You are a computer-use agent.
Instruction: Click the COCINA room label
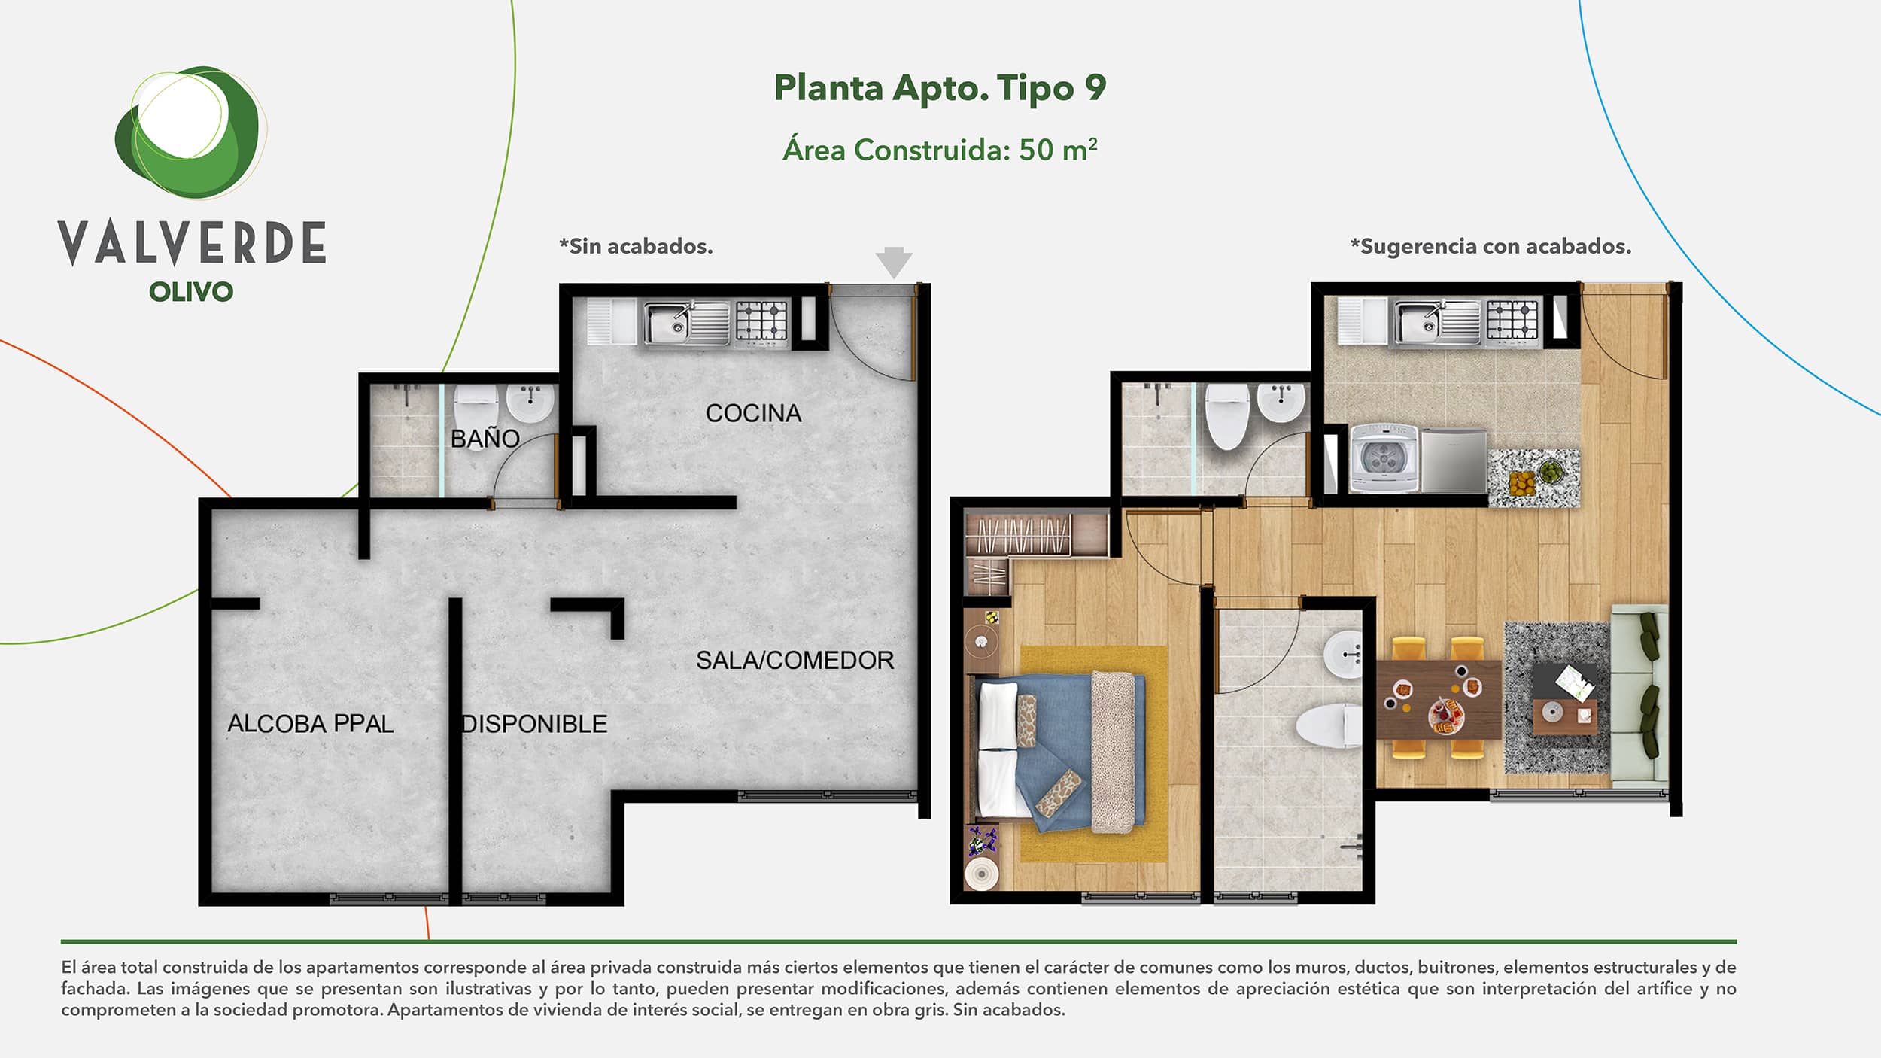pyautogui.click(x=753, y=413)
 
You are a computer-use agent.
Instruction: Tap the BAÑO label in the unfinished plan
pyautogui.click(x=485, y=438)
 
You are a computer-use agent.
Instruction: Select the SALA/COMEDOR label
pyautogui.click(x=795, y=660)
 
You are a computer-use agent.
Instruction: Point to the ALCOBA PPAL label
pyautogui.click(x=310, y=724)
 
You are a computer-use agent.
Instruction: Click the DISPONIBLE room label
pyautogui.click(x=534, y=724)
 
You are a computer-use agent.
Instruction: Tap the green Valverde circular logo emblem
pyautogui.click(x=190, y=132)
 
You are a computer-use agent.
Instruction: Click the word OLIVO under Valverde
pyautogui.click(x=191, y=292)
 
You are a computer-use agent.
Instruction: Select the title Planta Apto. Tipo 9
pyautogui.click(x=940, y=88)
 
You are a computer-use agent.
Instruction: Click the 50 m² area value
pyautogui.click(x=1058, y=150)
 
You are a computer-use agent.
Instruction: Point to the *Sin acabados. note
pyautogui.click(x=636, y=246)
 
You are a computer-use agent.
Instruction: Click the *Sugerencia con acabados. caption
pyautogui.click(x=1491, y=246)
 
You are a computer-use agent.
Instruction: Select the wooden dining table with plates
pyautogui.click(x=1439, y=699)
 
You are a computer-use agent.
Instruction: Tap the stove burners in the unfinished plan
pyautogui.click(x=761, y=321)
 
